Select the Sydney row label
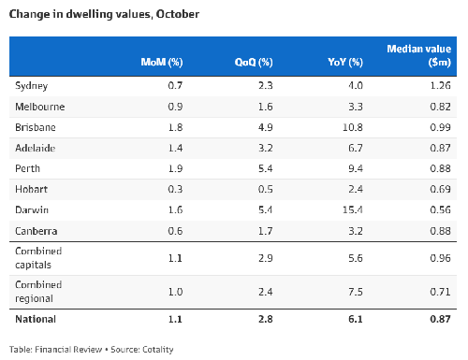32,86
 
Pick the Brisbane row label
35,126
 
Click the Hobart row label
31,189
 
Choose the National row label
36,319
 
